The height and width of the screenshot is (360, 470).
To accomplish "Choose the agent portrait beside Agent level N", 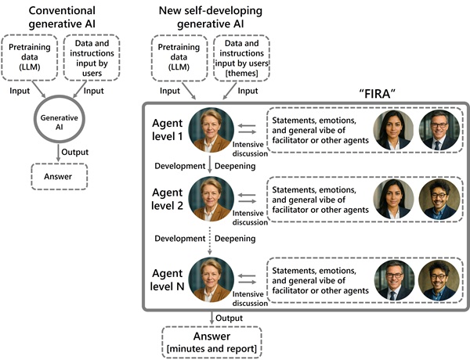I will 210,279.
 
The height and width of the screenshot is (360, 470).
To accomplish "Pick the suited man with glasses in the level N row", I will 393,279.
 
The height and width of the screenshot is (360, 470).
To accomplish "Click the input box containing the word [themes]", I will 241,57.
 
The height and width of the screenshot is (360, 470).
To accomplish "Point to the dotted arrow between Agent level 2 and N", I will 210,239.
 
